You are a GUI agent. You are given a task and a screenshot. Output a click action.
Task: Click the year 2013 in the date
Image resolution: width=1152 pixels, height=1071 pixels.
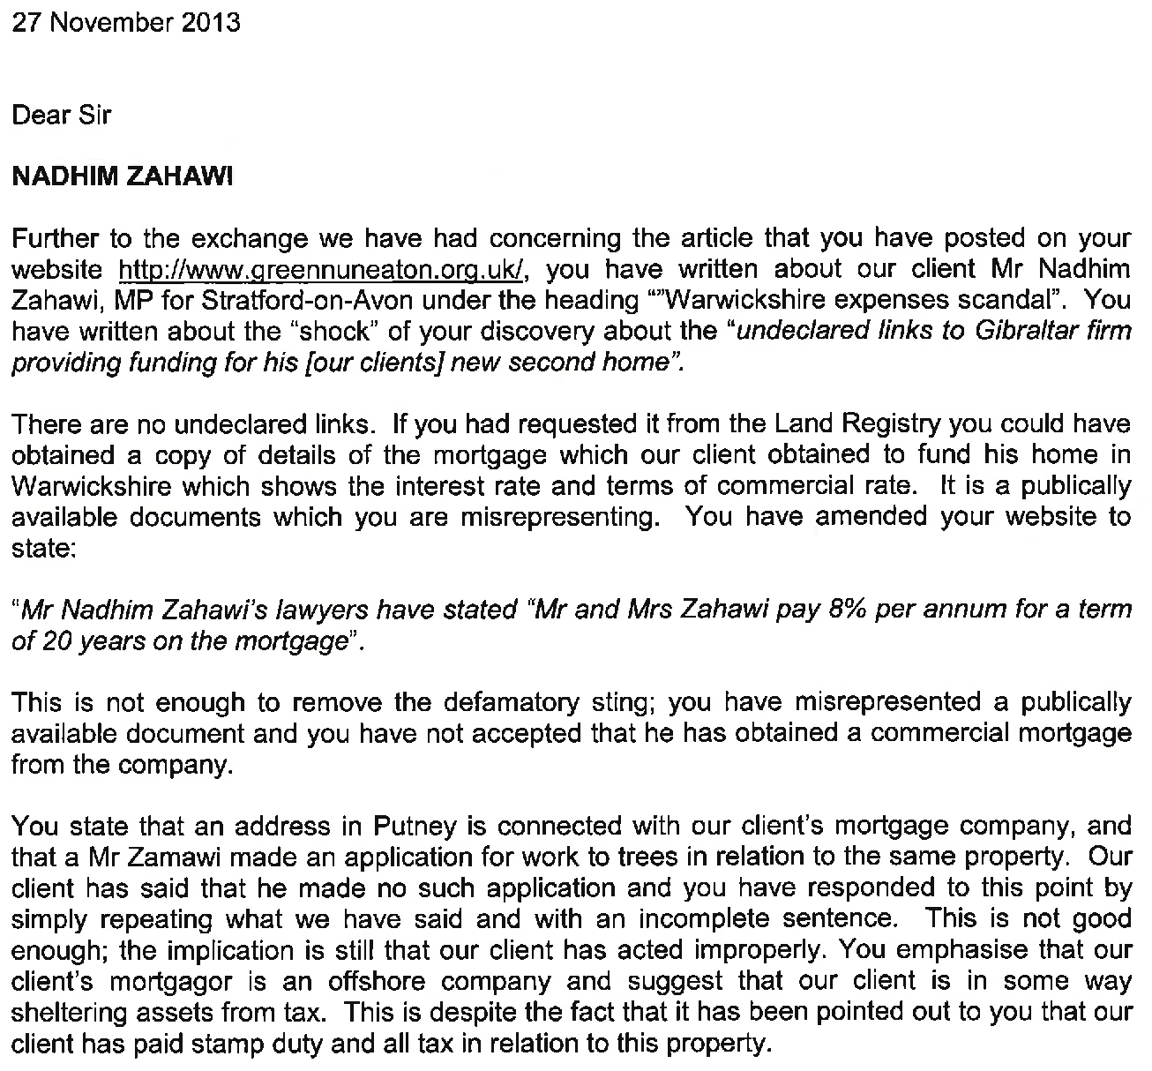pos(211,21)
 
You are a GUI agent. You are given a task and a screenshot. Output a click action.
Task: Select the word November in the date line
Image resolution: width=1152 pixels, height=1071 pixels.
pos(110,21)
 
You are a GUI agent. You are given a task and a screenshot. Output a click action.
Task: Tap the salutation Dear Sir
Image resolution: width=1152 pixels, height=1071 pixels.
pos(61,115)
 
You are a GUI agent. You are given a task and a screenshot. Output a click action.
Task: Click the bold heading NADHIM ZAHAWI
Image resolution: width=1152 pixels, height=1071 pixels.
pos(123,176)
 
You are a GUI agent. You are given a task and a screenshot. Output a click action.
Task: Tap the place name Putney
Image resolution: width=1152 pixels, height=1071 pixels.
pos(415,827)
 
